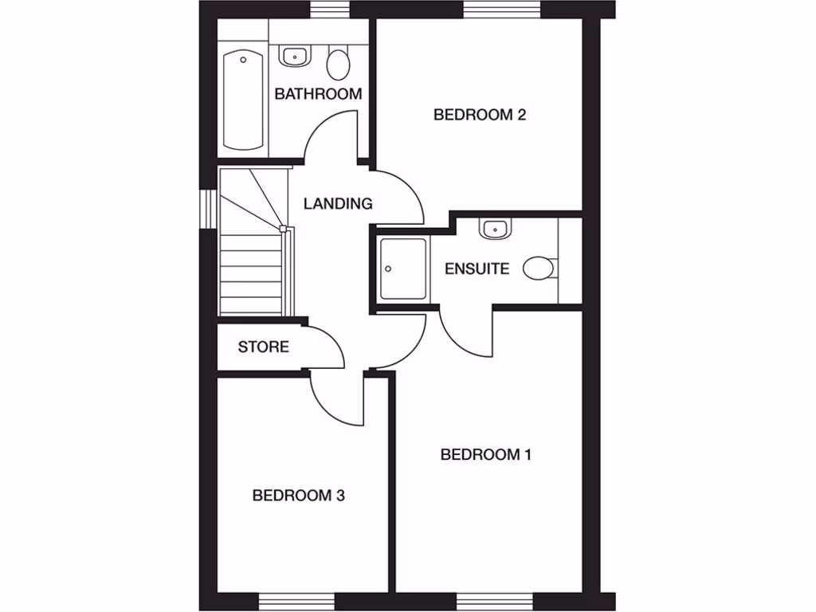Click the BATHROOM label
(318, 94)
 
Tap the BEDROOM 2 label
(480, 115)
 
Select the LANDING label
(338, 203)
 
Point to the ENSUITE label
(477, 269)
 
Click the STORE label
(263, 347)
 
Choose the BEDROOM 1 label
(486, 455)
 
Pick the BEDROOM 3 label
(298, 496)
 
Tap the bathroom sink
(295, 57)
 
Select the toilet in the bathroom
(339, 64)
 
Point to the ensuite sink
(494, 229)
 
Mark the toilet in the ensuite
(539, 269)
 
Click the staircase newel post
(283, 228)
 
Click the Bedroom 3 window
(297, 601)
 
